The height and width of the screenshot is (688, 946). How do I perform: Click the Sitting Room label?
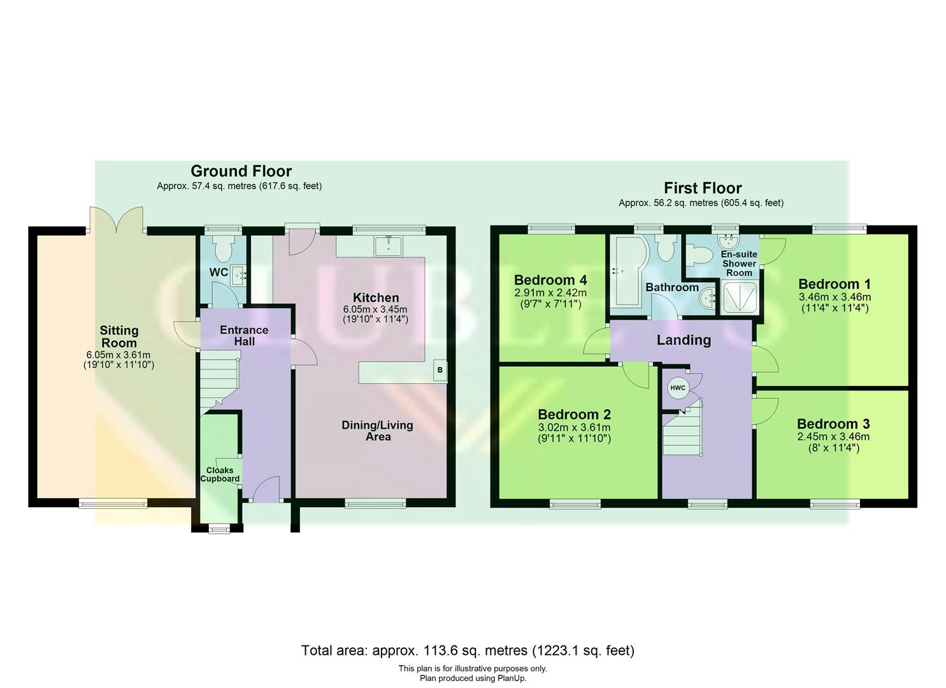(119, 336)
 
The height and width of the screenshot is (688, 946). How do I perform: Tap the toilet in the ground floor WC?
(222, 249)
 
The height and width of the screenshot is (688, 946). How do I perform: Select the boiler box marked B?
(439, 370)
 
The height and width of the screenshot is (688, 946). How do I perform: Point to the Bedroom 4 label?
(550, 280)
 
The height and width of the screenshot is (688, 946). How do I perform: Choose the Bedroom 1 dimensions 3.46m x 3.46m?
(835, 297)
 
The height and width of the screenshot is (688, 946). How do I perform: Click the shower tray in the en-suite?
(740, 298)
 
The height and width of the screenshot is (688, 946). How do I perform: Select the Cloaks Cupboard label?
(220, 475)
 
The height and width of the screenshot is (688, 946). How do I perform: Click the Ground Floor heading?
(241, 171)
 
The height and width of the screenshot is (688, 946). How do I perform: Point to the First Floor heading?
(703, 188)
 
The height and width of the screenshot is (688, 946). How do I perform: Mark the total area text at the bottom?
(468, 650)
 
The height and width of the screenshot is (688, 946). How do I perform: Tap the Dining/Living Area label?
(377, 431)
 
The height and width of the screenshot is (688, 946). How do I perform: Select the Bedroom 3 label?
(833, 424)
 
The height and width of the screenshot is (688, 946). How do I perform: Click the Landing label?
(684, 340)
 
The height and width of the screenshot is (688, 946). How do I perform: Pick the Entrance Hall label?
(244, 336)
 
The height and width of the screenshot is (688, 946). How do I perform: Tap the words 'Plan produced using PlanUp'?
(473, 678)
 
